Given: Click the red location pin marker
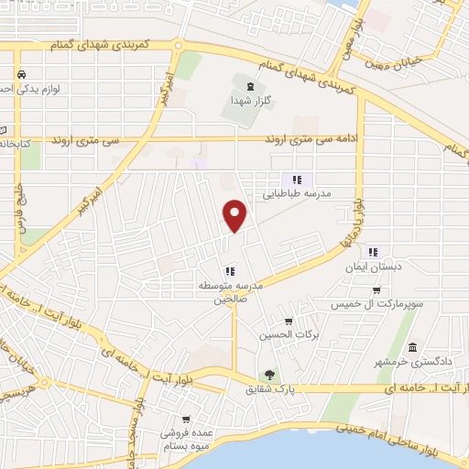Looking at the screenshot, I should (236, 215).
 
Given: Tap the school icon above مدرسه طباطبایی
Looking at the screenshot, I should (296, 180).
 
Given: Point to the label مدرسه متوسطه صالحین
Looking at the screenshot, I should (232, 292).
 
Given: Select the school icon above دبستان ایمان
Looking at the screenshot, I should (372, 251).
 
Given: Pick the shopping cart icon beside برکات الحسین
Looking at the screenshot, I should (289, 321).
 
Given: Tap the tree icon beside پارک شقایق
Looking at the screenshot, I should (269, 374).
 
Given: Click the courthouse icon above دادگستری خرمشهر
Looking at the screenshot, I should (413, 349).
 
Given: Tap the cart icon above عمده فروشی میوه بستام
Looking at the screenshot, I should (186, 420).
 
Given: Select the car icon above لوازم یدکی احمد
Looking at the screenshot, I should (20, 74).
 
